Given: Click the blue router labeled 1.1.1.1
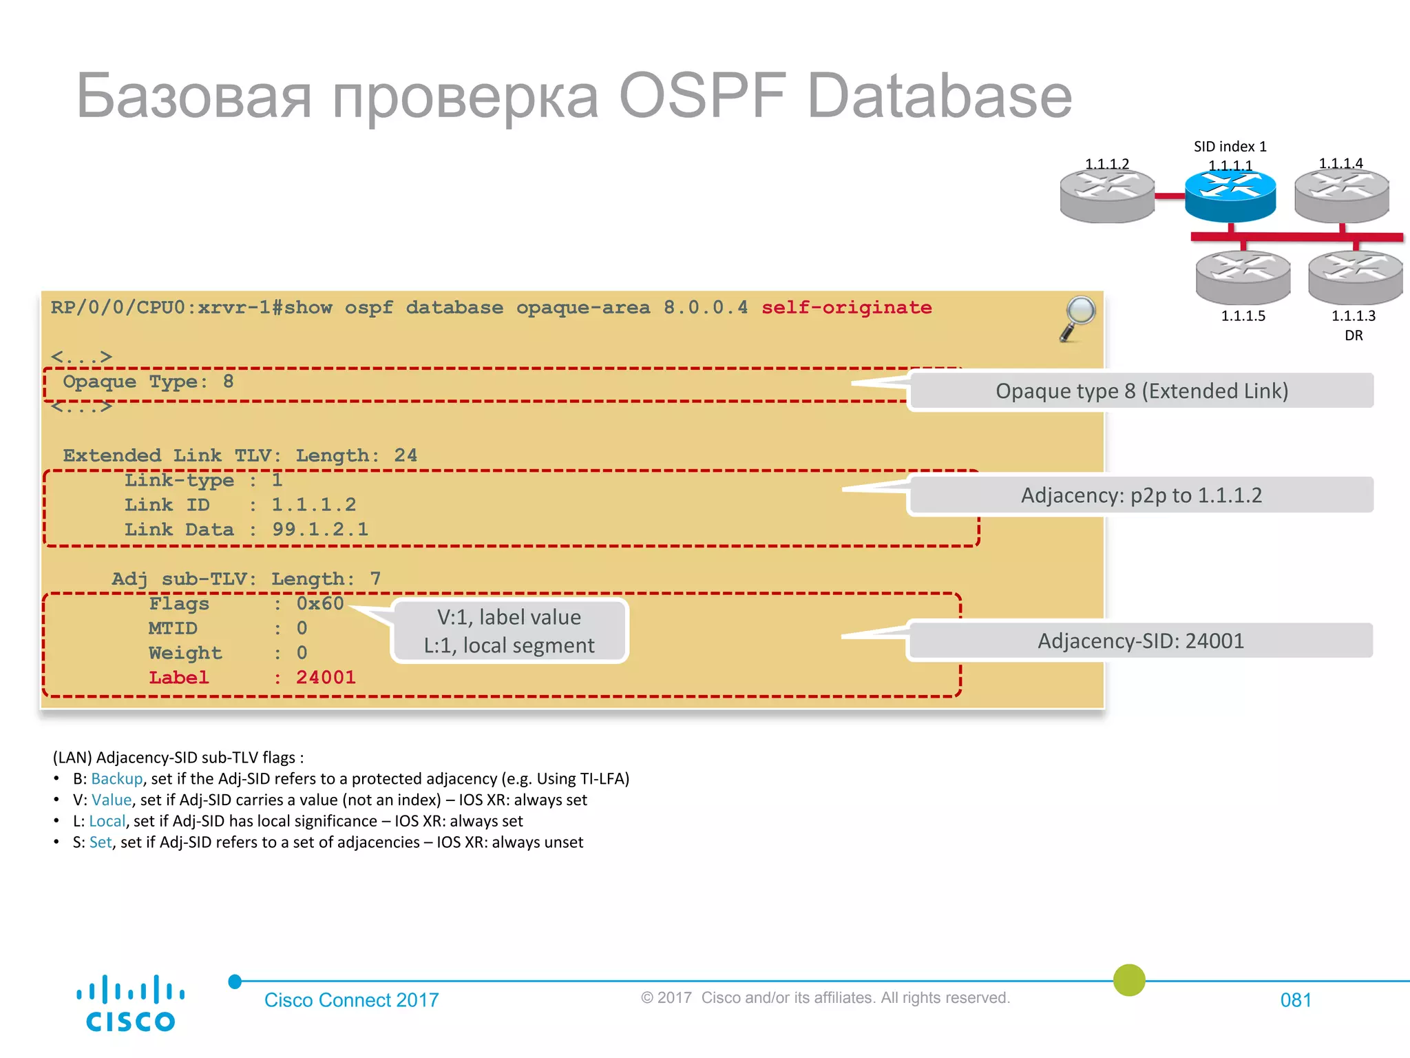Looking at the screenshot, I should (1230, 196).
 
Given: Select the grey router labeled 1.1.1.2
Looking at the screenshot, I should (1107, 197).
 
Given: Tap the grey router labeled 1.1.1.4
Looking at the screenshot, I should (1342, 196).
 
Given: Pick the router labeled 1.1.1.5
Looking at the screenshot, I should (1243, 277).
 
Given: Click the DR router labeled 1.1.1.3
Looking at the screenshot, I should (1355, 277).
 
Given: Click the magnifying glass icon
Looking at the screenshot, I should (1078, 318).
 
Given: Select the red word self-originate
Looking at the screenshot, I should (846, 307).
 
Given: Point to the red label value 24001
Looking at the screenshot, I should (326, 677).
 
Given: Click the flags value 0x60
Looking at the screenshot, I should (320, 603).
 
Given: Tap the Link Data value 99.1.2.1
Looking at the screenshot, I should (320, 529).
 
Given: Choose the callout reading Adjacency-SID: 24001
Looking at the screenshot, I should (1141, 641).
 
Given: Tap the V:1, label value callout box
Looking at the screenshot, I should (509, 631).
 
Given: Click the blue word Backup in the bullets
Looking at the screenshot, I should (116, 778).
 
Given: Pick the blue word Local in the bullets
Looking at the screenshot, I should (107, 821).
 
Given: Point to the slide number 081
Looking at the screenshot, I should (1295, 999).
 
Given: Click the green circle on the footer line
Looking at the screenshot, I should (1129, 980).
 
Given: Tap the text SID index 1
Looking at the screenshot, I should (1230, 146).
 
